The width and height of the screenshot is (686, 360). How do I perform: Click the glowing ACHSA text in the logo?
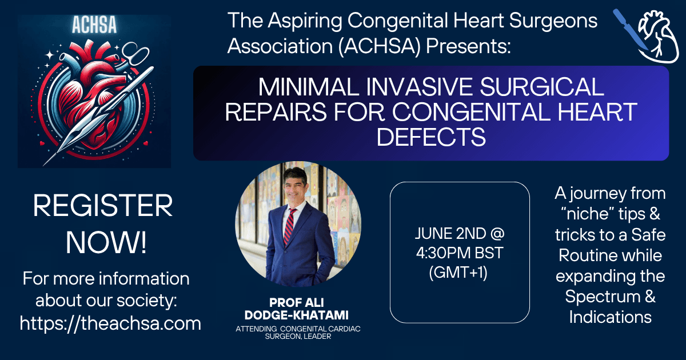(94, 25)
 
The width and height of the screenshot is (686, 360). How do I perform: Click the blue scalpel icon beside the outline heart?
(629, 29)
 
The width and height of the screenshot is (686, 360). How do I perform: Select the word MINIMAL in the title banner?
(309, 87)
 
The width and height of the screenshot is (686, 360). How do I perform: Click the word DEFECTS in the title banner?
(431, 137)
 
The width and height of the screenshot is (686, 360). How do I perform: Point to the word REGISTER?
(103, 206)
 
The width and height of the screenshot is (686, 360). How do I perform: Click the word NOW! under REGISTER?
(106, 243)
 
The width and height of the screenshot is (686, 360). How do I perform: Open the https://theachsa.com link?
(110, 323)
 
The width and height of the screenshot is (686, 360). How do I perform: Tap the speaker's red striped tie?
(289, 226)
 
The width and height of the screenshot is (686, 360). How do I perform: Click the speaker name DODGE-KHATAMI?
(297, 315)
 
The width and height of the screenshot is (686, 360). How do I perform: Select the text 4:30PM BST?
(460, 253)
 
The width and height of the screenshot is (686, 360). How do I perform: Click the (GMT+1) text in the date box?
(458, 273)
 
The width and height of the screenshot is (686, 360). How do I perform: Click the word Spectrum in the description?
(603, 297)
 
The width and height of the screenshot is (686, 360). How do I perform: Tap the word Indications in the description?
(611, 317)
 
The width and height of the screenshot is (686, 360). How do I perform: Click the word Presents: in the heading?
(468, 46)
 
